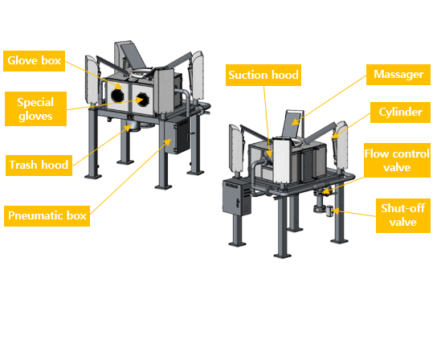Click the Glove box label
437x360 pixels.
point(34,61)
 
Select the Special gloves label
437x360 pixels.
point(35,108)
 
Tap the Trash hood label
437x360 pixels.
point(39,165)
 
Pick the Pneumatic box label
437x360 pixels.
point(47,216)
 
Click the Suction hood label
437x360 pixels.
point(263,75)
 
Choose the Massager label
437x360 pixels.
point(398,75)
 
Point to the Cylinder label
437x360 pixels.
point(400,112)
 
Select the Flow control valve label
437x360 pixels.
point(397,161)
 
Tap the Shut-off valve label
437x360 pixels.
point(403,215)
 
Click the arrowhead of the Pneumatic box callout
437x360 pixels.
point(168,142)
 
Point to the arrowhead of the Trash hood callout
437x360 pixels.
point(129,129)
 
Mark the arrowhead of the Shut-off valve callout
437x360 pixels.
point(336,211)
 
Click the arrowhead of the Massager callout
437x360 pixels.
point(296,121)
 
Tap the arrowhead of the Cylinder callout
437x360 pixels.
point(335,136)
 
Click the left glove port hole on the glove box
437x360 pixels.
point(117,96)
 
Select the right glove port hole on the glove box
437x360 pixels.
point(143,100)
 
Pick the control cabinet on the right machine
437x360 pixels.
point(237,198)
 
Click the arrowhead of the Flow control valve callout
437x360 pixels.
point(326,191)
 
